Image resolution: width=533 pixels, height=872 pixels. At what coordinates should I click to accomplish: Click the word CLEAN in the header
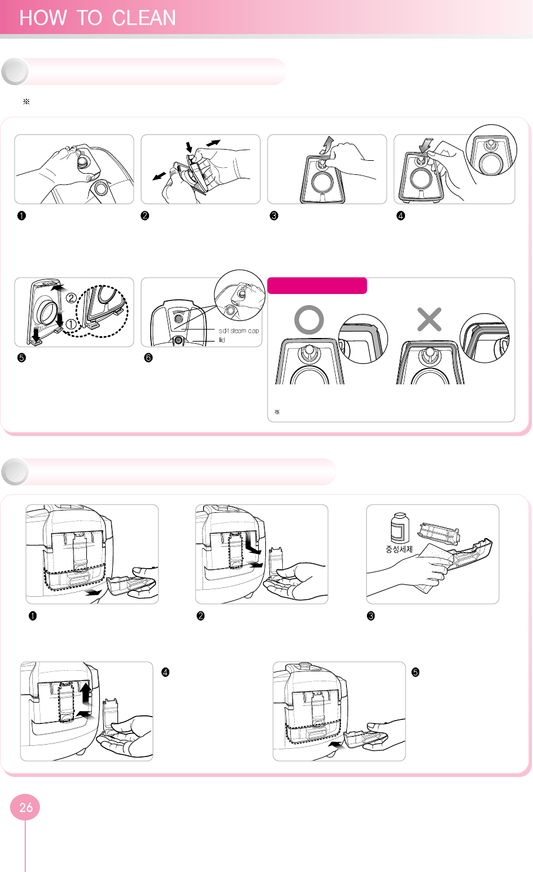[x=144, y=18]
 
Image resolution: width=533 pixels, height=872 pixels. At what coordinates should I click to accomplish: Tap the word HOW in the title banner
[x=43, y=18]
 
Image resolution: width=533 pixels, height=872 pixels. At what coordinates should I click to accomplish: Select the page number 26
[x=26, y=807]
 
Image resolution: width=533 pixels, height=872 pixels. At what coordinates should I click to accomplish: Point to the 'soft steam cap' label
[x=239, y=330]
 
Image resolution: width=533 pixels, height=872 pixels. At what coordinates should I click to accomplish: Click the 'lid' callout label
[x=222, y=340]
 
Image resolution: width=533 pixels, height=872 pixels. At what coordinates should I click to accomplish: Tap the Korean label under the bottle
[x=399, y=549]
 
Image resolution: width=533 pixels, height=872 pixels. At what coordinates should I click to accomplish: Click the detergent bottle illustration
[x=400, y=528]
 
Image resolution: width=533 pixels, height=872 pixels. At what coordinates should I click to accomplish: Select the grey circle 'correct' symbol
[x=309, y=320]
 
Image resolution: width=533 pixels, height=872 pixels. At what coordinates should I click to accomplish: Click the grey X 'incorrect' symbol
[x=429, y=319]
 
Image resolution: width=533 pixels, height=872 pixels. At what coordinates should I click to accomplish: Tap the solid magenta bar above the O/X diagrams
[x=317, y=285]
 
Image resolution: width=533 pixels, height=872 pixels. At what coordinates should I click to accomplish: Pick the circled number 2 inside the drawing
[x=71, y=298]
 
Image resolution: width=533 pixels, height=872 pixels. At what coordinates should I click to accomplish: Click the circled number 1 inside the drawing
[x=70, y=324]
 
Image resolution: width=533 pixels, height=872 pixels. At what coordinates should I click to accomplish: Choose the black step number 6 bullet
[x=149, y=358]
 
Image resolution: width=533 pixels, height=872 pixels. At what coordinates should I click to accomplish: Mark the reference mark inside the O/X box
[x=277, y=412]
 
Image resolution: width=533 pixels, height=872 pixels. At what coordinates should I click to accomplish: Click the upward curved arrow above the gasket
[x=327, y=145]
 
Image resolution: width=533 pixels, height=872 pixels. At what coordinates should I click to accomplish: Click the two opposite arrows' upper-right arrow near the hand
[x=213, y=143]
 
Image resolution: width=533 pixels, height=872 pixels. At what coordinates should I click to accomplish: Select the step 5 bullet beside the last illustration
[x=416, y=672]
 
